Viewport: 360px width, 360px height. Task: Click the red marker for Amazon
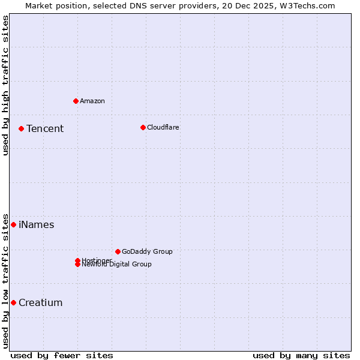pyautogui.click(x=76, y=101)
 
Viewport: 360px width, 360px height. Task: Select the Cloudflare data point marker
pyautogui.click(x=143, y=127)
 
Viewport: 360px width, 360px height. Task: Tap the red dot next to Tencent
pyautogui.click(x=21, y=128)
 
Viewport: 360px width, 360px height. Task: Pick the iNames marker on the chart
pyautogui.click(x=13, y=224)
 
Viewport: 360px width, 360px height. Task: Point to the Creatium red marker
pyautogui.click(x=13, y=302)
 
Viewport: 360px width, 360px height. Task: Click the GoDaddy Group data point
pyautogui.click(x=118, y=251)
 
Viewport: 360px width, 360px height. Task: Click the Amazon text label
pyautogui.click(x=92, y=101)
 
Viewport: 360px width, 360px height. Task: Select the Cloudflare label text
pyautogui.click(x=163, y=127)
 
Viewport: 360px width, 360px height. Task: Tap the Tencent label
pyautogui.click(x=45, y=128)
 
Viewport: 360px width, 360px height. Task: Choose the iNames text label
pyautogui.click(x=36, y=224)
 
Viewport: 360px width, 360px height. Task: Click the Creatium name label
pyautogui.click(x=40, y=302)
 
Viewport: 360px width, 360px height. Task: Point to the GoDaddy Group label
pyautogui.click(x=147, y=251)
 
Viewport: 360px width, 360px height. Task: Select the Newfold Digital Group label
pyautogui.click(x=117, y=264)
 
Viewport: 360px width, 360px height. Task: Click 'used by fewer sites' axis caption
pyautogui.click(x=62, y=355)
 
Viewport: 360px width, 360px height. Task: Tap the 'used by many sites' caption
pyautogui.click(x=301, y=355)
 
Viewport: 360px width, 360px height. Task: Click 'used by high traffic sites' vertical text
pyautogui.click(x=5, y=85)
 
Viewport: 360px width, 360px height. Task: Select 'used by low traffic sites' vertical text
pyautogui.click(x=5, y=280)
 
